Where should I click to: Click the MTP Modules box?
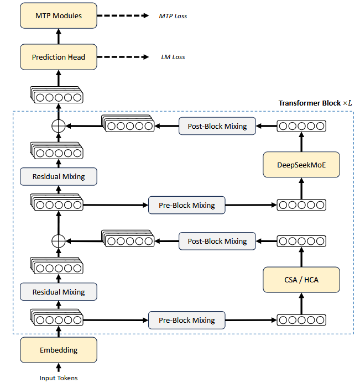(x=59, y=15)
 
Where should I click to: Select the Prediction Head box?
(x=59, y=57)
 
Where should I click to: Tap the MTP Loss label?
(x=173, y=16)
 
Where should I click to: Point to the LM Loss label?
(x=173, y=57)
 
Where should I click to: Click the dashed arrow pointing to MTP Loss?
(x=123, y=15)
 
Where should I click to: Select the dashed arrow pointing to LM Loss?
(x=123, y=57)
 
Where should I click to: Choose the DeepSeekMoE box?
(x=301, y=165)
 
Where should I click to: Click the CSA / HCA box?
(x=301, y=280)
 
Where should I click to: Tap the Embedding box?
(x=59, y=350)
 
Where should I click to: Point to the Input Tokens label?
(x=59, y=378)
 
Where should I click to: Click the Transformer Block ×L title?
(x=315, y=103)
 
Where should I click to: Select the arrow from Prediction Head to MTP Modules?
(x=59, y=36)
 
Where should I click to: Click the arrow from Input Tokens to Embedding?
(x=59, y=368)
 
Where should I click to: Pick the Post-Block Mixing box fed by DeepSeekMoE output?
(x=217, y=126)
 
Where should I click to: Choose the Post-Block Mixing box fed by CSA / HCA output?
(x=217, y=241)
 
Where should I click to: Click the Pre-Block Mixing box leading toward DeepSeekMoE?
(x=187, y=205)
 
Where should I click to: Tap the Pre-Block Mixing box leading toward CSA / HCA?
(x=187, y=320)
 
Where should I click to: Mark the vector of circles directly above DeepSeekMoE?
(x=301, y=126)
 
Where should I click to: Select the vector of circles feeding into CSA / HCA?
(x=301, y=320)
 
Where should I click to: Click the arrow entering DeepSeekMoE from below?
(x=301, y=188)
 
